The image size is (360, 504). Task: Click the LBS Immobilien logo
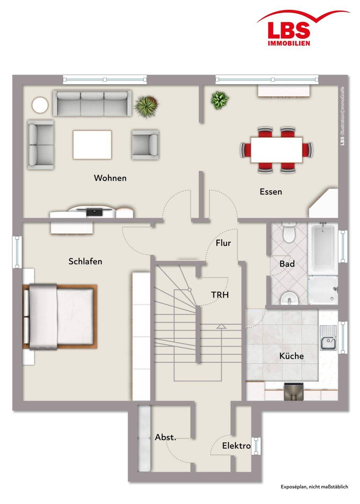(x=303, y=28)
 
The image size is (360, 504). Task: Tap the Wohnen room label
(x=110, y=178)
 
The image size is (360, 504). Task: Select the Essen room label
(x=271, y=192)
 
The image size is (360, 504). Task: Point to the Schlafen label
(x=85, y=261)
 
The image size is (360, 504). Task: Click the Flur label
(x=223, y=243)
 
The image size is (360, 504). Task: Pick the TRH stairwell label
(x=220, y=295)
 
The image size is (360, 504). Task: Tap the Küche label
(x=291, y=356)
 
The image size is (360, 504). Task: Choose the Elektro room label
(x=236, y=446)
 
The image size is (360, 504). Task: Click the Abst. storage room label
(x=165, y=437)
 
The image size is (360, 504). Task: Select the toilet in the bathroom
(x=289, y=232)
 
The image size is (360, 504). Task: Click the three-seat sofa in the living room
(x=92, y=103)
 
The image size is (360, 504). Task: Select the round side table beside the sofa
(x=40, y=105)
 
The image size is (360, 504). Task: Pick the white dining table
(x=277, y=150)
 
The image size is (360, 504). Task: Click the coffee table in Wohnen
(x=92, y=145)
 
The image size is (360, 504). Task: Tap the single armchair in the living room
(x=145, y=144)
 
